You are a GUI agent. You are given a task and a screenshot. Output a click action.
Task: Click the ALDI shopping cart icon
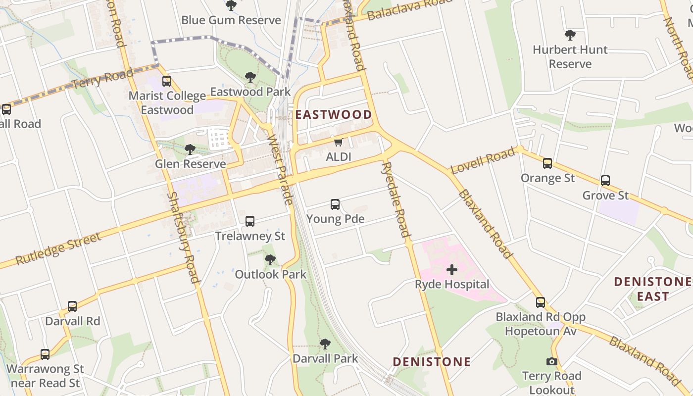[339, 143]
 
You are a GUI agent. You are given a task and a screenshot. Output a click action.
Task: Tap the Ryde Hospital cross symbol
[452, 270]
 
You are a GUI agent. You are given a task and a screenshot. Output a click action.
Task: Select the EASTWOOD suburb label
[334, 115]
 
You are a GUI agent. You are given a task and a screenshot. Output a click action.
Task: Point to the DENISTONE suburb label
[432, 362]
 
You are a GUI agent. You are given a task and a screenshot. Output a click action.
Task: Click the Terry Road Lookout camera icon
[552, 362]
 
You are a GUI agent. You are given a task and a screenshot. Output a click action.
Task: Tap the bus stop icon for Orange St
[547, 163]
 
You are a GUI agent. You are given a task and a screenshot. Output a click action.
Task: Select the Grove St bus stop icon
[605, 181]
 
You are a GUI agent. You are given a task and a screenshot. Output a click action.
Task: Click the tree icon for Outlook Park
[270, 260]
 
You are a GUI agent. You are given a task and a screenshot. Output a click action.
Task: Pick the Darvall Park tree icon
[325, 344]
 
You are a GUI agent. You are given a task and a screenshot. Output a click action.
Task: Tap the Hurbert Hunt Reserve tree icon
[570, 35]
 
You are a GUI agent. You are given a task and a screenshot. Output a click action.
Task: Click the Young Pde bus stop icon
[335, 204]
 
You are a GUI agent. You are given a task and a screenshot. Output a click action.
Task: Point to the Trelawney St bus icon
[250, 221]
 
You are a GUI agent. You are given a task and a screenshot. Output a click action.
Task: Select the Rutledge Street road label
[58, 248]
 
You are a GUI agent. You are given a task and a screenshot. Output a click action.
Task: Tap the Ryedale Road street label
[396, 199]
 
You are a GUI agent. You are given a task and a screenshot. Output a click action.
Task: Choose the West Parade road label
[280, 169]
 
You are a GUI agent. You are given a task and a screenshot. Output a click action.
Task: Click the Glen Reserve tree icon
[190, 149]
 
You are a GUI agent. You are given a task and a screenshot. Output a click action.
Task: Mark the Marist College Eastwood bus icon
[167, 81]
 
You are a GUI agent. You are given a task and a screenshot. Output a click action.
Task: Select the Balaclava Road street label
[410, 10]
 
